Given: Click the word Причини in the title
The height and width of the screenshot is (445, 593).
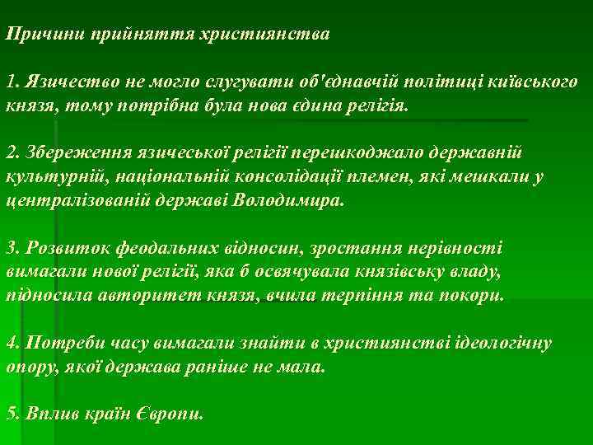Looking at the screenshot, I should pyautogui.click(x=40, y=34).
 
